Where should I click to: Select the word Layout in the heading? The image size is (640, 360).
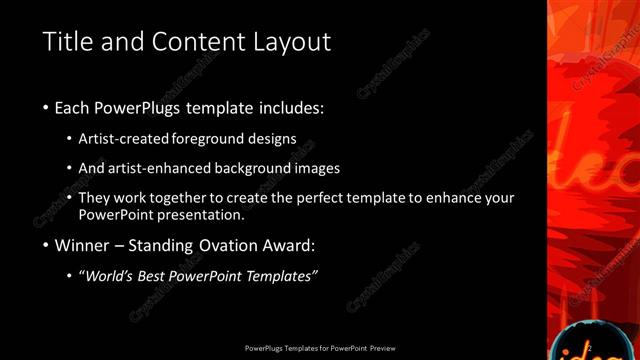(286, 42)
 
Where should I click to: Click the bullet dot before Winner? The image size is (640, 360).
(47, 246)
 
